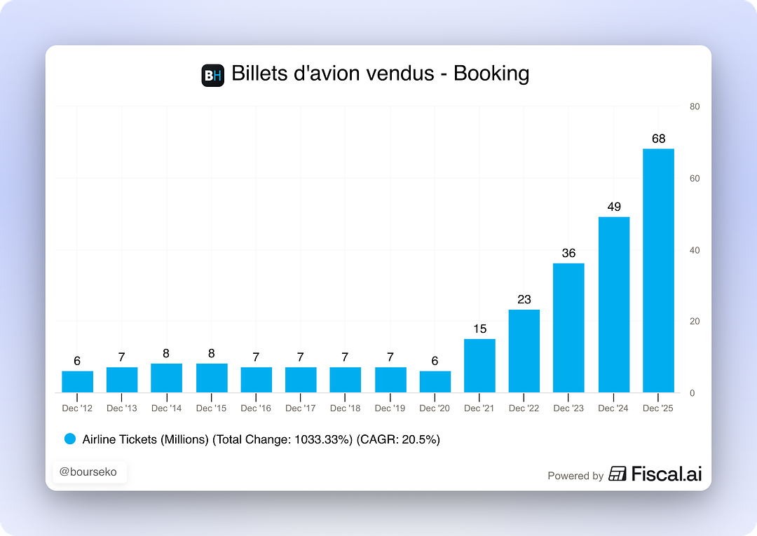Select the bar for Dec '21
[479, 366]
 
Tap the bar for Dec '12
[77, 382]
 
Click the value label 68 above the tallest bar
[658, 139]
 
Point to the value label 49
[613, 207]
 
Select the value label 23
[524, 299]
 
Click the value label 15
[479, 329]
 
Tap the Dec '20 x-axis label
[435, 408]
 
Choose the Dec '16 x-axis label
[256, 408]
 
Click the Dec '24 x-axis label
[613, 408]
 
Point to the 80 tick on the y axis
[694, 106]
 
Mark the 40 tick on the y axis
[694, 250]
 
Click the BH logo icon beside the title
[212, 75]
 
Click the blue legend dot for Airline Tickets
[69, 439]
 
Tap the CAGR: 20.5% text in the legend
[397, 439]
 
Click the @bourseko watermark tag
[88, 472]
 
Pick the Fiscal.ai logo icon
[618, 474]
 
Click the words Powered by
[575, 476]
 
